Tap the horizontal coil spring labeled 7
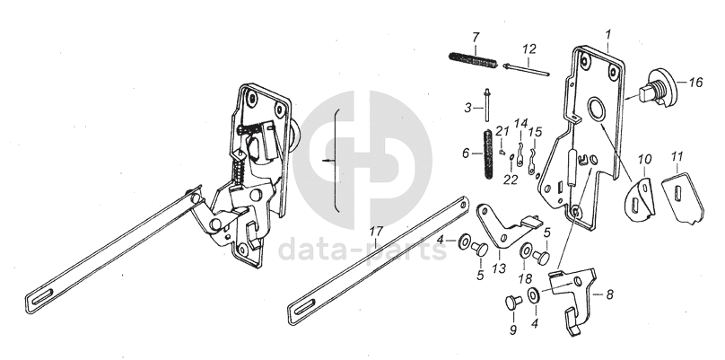pos(472,60)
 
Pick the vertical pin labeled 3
pos(484,106)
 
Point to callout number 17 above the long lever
pos(376,233)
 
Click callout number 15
pos(536,132)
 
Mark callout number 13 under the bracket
pos(498,269)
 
